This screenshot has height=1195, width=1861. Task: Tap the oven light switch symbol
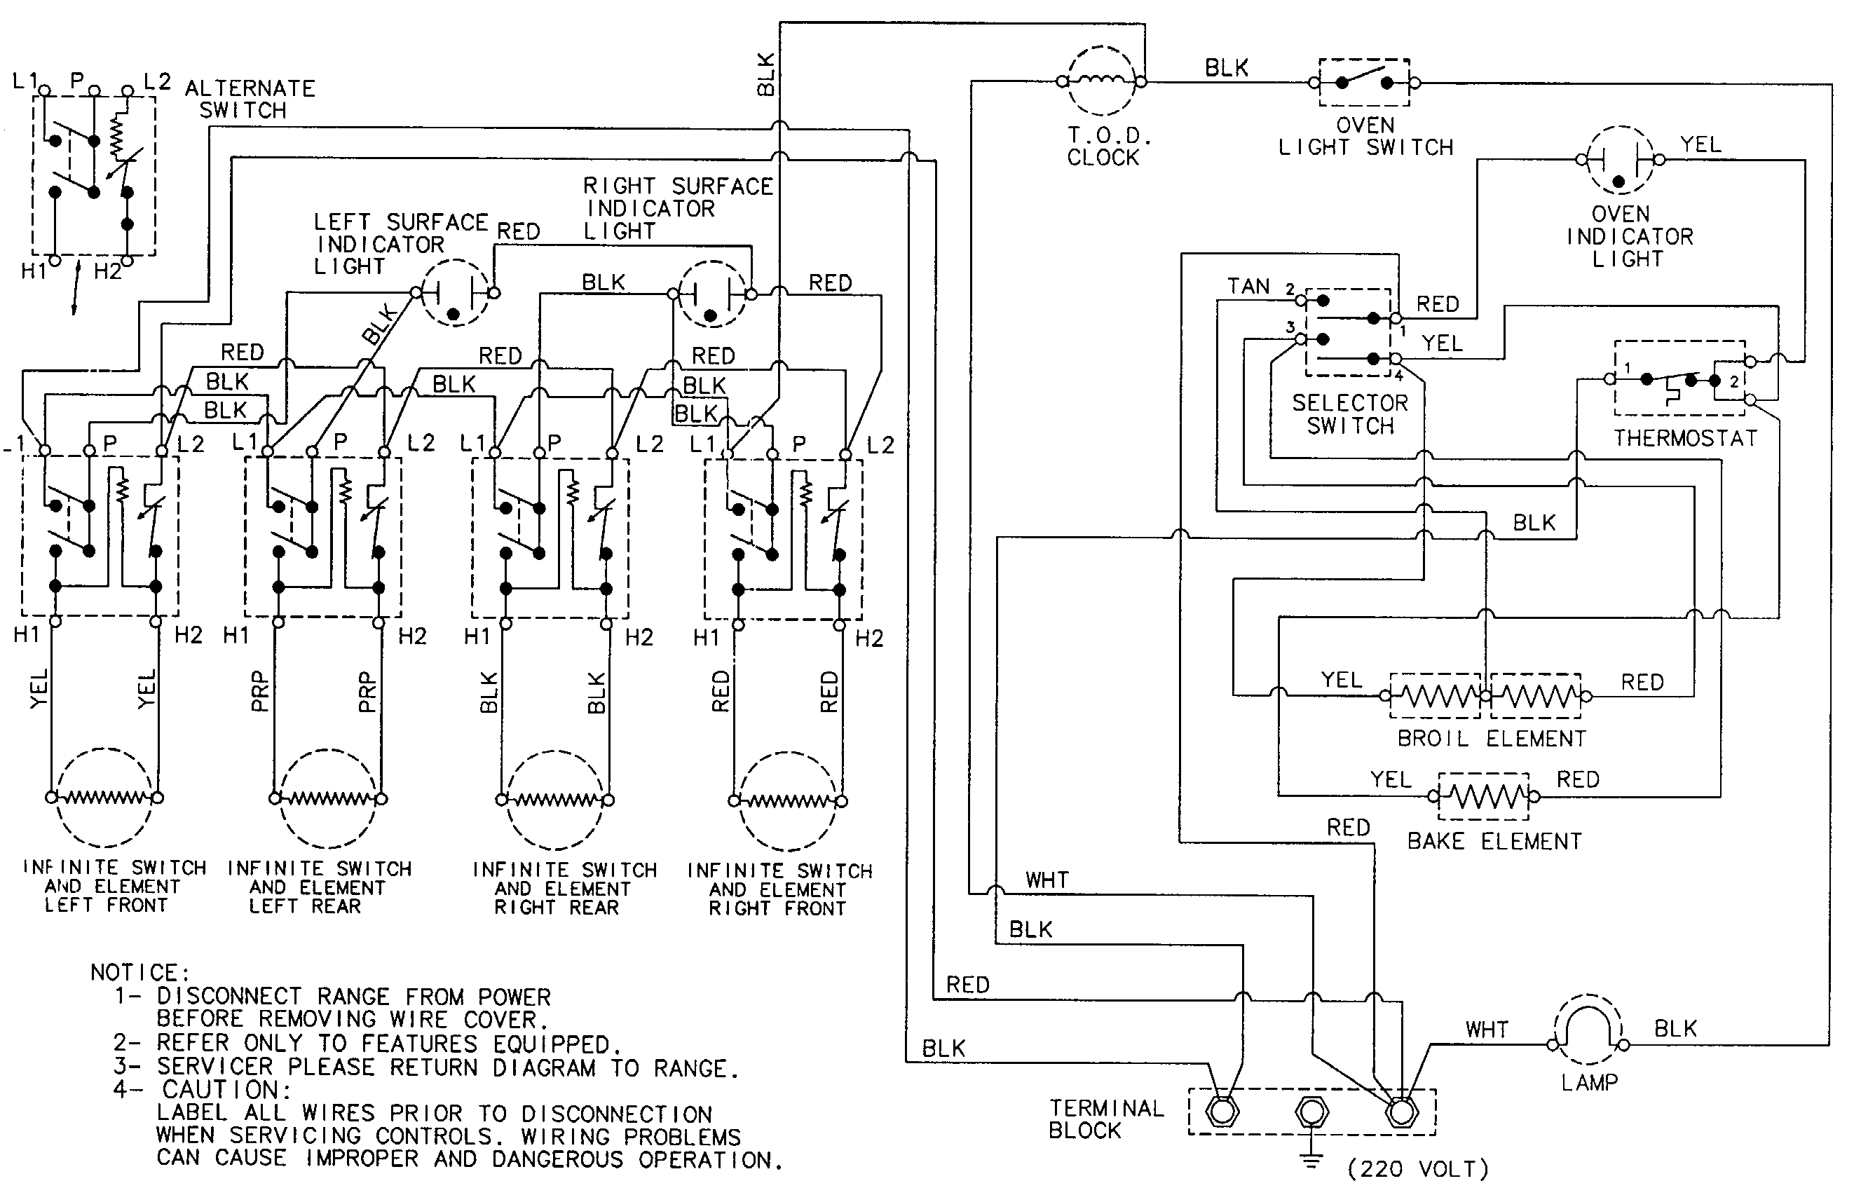pyautogui.click(x=1363, y=81)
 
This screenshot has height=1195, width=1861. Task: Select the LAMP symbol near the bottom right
pyautogui.click(x=1588, y=1030)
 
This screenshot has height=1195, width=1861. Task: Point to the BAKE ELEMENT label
pyautogui.click(x=1494, y=842)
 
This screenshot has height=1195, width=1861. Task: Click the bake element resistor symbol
pyautogui.click(x=1483, y=796)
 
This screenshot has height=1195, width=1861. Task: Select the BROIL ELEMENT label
pyautogui.click(x=1492, y=739)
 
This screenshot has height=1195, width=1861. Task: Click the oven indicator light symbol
pyautogui.click(x=1620, y=161)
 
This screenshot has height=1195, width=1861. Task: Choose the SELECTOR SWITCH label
pyautogui.click(x=1349, y=414)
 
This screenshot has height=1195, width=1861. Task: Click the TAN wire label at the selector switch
pyautogui.click(x=1248, y=287)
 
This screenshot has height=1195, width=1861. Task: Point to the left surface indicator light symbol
pyautogui.click(x=455, y=293)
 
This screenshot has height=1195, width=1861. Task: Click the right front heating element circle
pyautogui.click(x=788, y=801)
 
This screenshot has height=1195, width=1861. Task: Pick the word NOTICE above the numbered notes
pyautogui.click(x=139, y=972)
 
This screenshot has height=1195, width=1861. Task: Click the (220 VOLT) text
pyautogui.click(x=1418, y=1168)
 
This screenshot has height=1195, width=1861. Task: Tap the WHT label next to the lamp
pyautogui.click(x=1486, y=1030)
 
